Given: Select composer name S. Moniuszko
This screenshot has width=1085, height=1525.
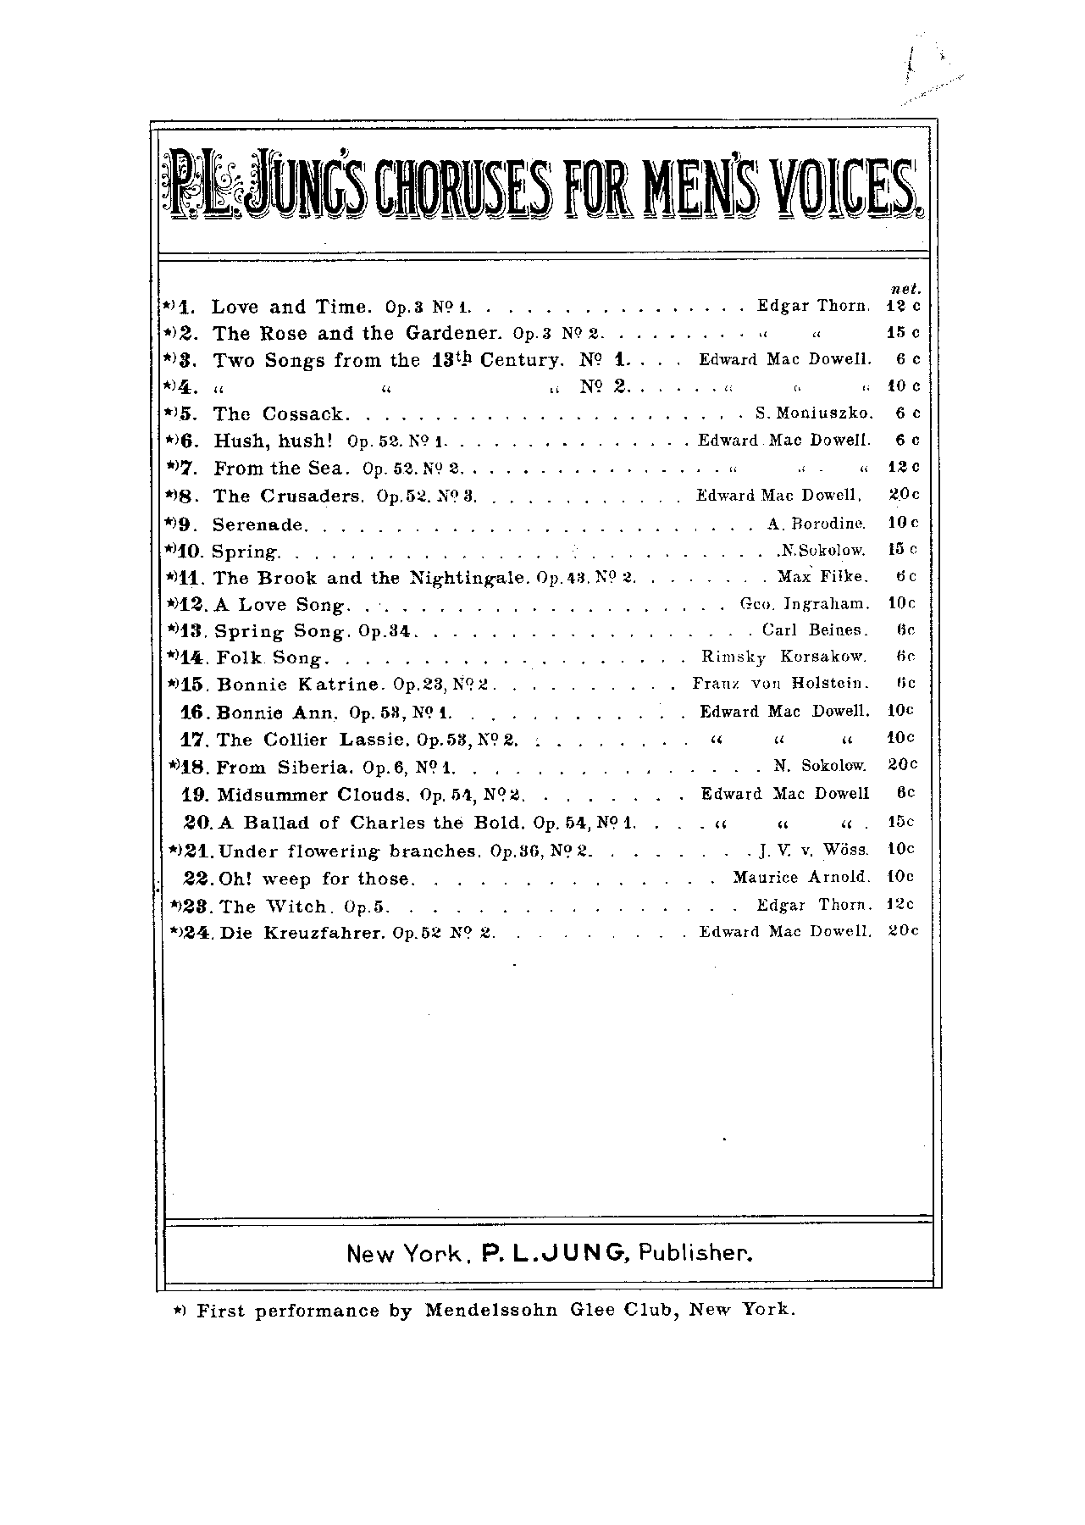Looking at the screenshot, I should click(x=814, y=414).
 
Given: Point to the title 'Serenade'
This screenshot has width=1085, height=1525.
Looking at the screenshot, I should click(x=257, y=524).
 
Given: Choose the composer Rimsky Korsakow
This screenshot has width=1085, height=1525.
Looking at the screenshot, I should click(x=784, y=657).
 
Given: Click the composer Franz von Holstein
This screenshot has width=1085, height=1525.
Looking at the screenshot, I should click(x=780, y=684).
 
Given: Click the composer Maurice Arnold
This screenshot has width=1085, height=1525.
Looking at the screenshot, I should click(x=801, y=877).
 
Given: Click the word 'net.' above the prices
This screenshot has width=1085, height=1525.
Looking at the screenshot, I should click(x=906, y=289).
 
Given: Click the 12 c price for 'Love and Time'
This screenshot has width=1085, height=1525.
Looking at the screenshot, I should click(x=903, y=306).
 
